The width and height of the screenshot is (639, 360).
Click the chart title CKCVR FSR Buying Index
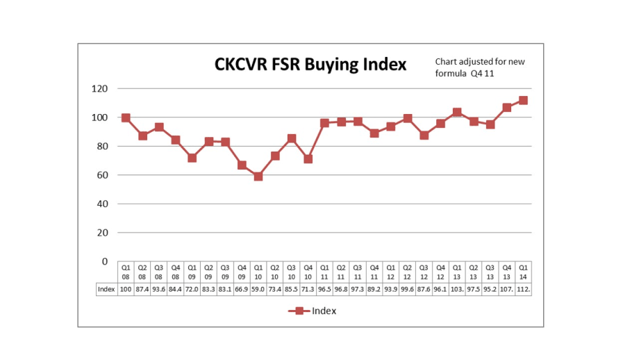310,65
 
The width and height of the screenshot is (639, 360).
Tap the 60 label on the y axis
102,175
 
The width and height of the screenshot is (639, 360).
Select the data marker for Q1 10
258,177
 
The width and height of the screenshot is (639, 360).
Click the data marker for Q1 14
523,100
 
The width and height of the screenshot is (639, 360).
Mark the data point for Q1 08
126,117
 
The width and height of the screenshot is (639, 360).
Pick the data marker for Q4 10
308,159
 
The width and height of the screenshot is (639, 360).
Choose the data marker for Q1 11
324,123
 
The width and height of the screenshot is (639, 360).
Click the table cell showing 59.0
258,289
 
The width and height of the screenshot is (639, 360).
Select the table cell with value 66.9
242,289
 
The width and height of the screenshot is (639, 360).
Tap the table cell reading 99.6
407,289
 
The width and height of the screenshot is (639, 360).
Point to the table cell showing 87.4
142,289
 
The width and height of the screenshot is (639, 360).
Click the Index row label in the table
106,289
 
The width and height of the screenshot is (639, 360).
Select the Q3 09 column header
225,272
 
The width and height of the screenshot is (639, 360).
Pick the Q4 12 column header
440,272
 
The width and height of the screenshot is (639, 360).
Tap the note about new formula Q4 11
480,67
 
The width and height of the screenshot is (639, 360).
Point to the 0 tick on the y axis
105,261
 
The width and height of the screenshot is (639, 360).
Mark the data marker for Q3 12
424,135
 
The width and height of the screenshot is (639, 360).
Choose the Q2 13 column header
473,272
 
